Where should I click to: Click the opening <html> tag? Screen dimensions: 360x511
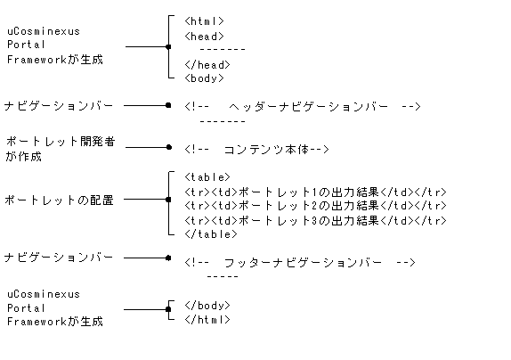tap(205, 21)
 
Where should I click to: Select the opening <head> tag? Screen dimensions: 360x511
tap(205, 36)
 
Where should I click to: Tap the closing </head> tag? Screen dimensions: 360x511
tap(207, 64)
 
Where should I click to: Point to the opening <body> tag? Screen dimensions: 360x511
tap(205, 78)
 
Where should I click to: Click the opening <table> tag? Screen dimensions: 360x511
tap(207, 177)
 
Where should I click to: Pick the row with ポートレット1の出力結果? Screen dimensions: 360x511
tap(315, 192)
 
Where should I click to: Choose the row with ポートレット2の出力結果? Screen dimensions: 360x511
tap(315, 206)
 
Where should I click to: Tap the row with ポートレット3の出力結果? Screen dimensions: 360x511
tap(315, 220)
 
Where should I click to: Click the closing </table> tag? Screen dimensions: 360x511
tap(211, 234)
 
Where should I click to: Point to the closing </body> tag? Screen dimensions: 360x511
tap(207, 305)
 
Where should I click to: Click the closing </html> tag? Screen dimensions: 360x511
tap(207, 319)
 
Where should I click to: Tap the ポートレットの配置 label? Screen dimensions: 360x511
tap(60, 200)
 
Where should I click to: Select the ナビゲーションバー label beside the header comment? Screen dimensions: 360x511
tap(59, 105)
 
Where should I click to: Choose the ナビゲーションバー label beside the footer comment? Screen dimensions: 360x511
tap(59, 258)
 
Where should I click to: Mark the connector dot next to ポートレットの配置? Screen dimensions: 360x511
tap(167, 200)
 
